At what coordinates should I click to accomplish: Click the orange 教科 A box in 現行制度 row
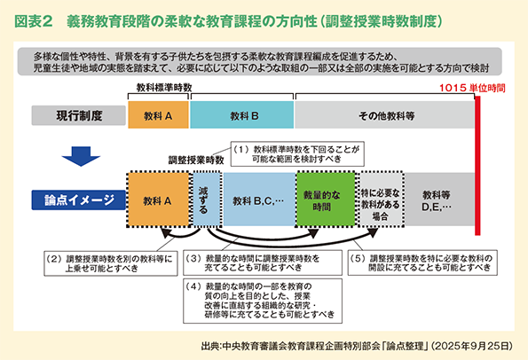(x=158, y=116)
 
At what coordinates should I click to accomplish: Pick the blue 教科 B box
(x=242, y=116)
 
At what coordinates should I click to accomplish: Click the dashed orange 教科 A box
(x=158, y=200)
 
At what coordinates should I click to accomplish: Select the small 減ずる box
(x=205, y=200)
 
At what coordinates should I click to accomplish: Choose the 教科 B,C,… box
(x=257, y=200)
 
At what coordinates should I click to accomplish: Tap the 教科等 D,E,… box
(x=437, y=200)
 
